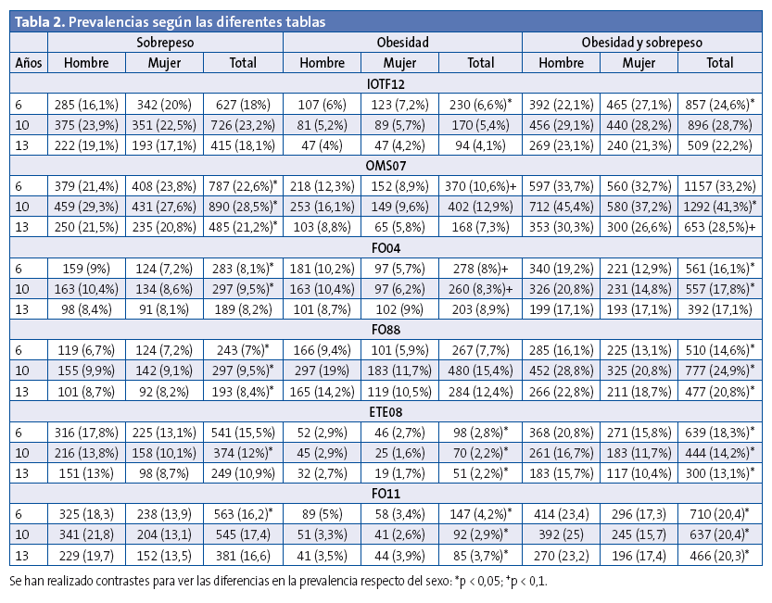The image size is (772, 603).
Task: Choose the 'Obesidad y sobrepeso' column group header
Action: point(641,43)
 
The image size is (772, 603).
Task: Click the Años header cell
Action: point(28,63)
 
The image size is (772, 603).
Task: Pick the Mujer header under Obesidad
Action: point(399,63)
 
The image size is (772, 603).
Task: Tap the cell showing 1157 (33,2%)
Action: point(721,181)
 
